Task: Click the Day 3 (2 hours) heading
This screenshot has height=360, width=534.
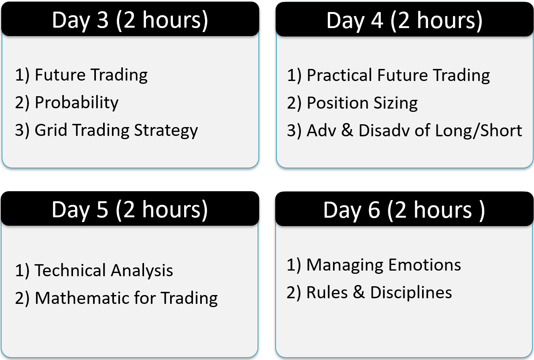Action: click(x=130, y=21)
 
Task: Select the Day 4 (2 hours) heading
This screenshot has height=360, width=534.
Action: click(x=404, y=21)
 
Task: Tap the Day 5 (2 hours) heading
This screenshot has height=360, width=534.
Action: click(x=130, y=210)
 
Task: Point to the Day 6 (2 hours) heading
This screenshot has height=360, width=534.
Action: click(x=404, y=210)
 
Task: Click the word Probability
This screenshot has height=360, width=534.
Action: click(x=77, y=103)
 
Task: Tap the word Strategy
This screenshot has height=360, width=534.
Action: click(x=166, y=131)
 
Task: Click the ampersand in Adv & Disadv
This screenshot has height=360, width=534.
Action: click(x=347, y=130)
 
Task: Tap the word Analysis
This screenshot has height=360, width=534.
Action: click(x=142, y=271)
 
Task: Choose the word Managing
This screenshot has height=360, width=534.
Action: click(x=345, y=265)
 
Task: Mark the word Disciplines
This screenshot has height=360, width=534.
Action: click(x=411, y=292)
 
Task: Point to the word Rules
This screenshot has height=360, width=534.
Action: click(x=327, y=292)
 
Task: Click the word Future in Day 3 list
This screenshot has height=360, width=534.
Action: click(x=60, y=75)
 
